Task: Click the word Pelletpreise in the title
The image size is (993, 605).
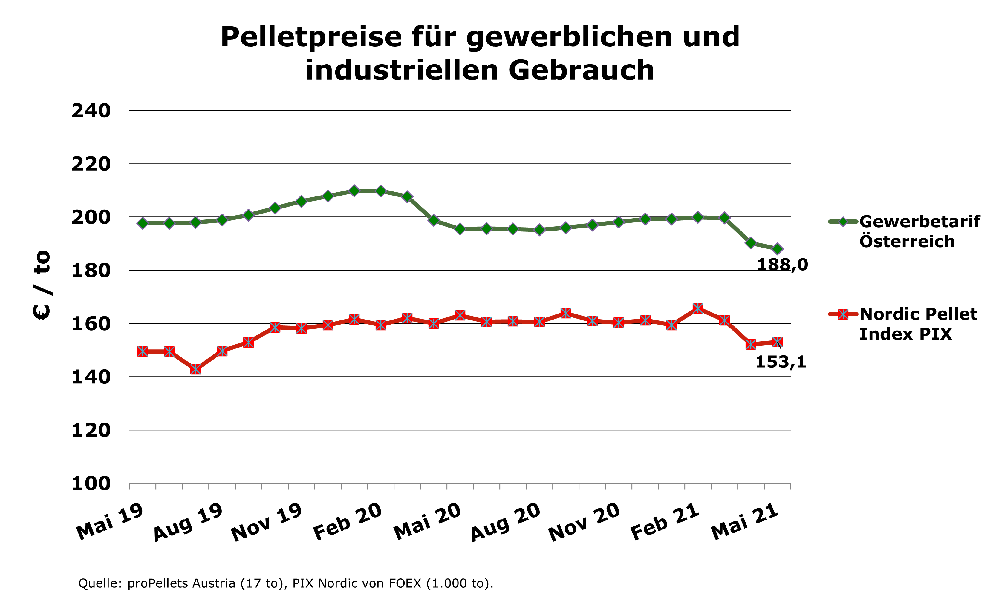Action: (x=311, y=37)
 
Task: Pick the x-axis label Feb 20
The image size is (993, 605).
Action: (x=348, y=522)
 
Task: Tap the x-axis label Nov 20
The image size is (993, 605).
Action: (x=584, y=522)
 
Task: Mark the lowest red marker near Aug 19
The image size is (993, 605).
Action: (x=195, y=369)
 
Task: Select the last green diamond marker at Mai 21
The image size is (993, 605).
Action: (x=777, y=249)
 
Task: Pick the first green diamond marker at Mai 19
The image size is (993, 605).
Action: (x=143, y=223)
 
